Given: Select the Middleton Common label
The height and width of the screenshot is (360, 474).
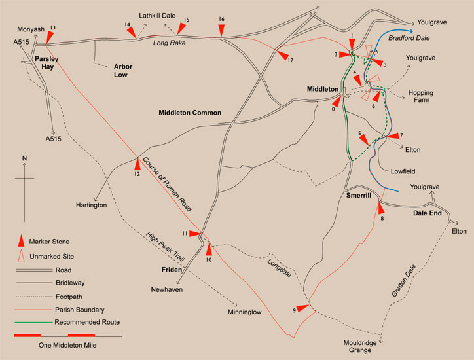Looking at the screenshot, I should tap(190, 113).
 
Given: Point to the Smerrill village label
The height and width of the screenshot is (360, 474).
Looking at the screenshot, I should tap(357, 196).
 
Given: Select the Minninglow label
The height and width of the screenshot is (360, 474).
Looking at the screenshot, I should tap(244, 312).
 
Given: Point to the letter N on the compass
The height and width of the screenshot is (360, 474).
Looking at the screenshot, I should tap(24, 158).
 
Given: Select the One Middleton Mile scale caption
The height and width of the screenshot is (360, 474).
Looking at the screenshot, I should tap(67, 345).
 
